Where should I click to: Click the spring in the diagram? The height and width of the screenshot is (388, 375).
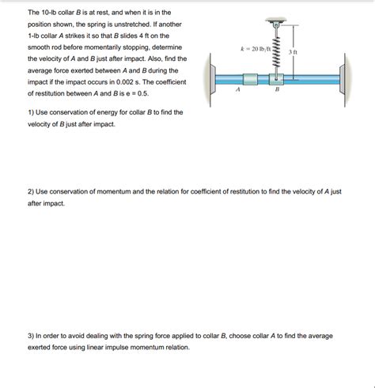tap(278, 50)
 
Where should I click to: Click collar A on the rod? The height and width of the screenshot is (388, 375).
tap(250, 78)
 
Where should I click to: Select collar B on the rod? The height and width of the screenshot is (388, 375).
tap(278, 78)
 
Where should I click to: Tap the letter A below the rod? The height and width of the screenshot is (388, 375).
tap(237, 91)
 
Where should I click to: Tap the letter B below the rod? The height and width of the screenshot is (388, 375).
tap(277, 91)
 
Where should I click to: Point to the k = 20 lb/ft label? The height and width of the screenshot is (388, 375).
tap(256, 49)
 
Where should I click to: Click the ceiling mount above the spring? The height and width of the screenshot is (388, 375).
tap(278, 20)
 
